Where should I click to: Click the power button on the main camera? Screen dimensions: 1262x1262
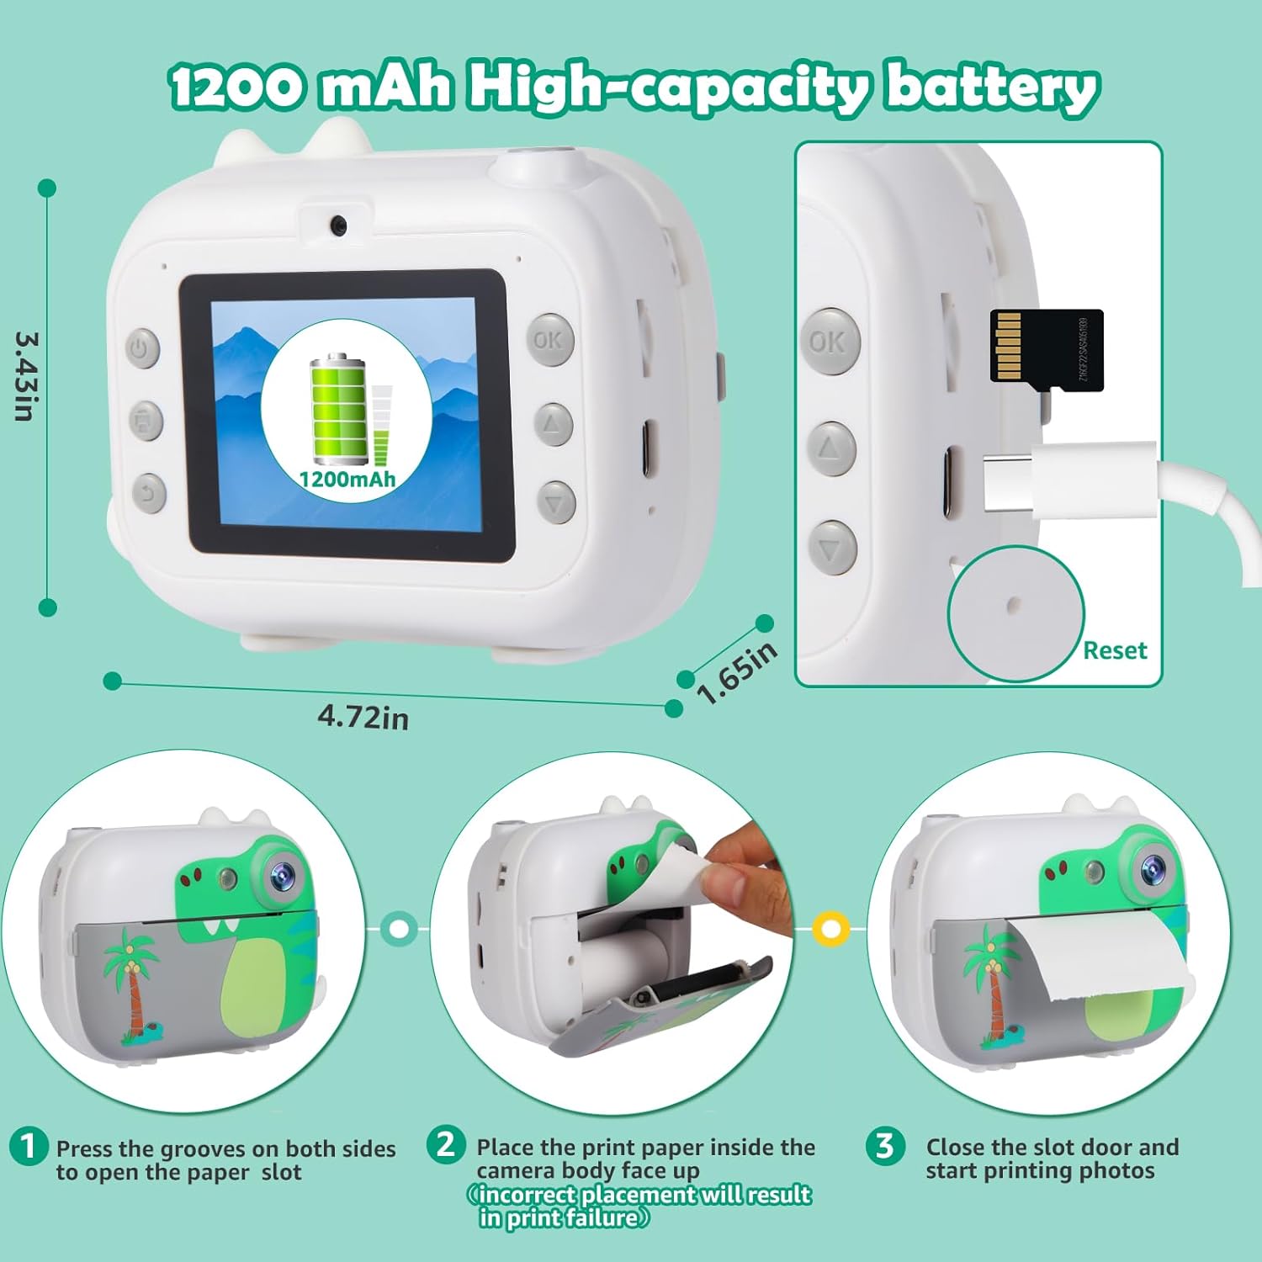[143, 347]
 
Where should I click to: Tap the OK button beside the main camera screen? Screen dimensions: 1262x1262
[550, 339]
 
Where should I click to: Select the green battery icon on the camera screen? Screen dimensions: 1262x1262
[339, 409]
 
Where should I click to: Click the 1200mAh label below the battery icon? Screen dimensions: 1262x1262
[347, 480]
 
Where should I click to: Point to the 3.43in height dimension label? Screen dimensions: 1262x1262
[25, 376]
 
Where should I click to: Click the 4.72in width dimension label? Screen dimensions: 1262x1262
[363, 717]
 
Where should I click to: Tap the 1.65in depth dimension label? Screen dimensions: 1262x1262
[737, 673]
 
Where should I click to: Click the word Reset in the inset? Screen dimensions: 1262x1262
[1115, 650]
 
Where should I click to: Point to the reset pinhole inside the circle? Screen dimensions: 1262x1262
[1014, 603]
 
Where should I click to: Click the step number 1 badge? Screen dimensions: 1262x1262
[29, 1146]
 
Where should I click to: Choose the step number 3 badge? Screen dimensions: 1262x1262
[885, 1145]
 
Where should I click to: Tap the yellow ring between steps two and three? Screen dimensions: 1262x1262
[831, 929]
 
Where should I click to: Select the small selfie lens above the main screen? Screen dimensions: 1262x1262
[338, 225]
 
